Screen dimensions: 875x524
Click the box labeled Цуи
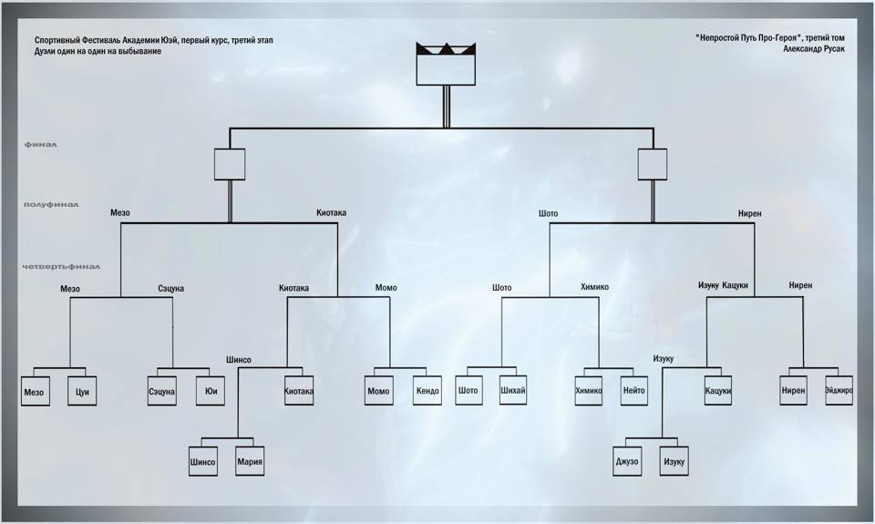click(82, 391)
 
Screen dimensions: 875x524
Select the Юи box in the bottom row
click(211, 391)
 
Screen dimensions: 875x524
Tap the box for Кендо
click(427, 391)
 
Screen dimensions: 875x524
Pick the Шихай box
click(513, 390)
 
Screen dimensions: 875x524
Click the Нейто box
click(634, 391)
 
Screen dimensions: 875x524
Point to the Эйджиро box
click(839, 391)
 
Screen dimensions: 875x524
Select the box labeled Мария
click(250, 461)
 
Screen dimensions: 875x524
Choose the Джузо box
click(627, 461)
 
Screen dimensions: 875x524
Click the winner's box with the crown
click(446, 64)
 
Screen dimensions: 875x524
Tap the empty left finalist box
click(230, 164)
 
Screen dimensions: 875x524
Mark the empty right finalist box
click(653, 164)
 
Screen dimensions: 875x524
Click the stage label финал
click(41, 145)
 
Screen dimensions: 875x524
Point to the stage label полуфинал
click(51, 205)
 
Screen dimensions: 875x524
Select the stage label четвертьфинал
click(61, 267)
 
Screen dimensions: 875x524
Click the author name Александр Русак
click(814, 48)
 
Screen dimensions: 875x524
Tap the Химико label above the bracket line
click(595, 287)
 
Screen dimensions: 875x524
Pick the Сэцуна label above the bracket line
click(170, 289)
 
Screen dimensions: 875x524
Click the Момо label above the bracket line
click(386, 287)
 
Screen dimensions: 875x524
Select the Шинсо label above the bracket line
click(239, 360)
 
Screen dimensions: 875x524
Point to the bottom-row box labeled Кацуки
click(717, 391)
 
